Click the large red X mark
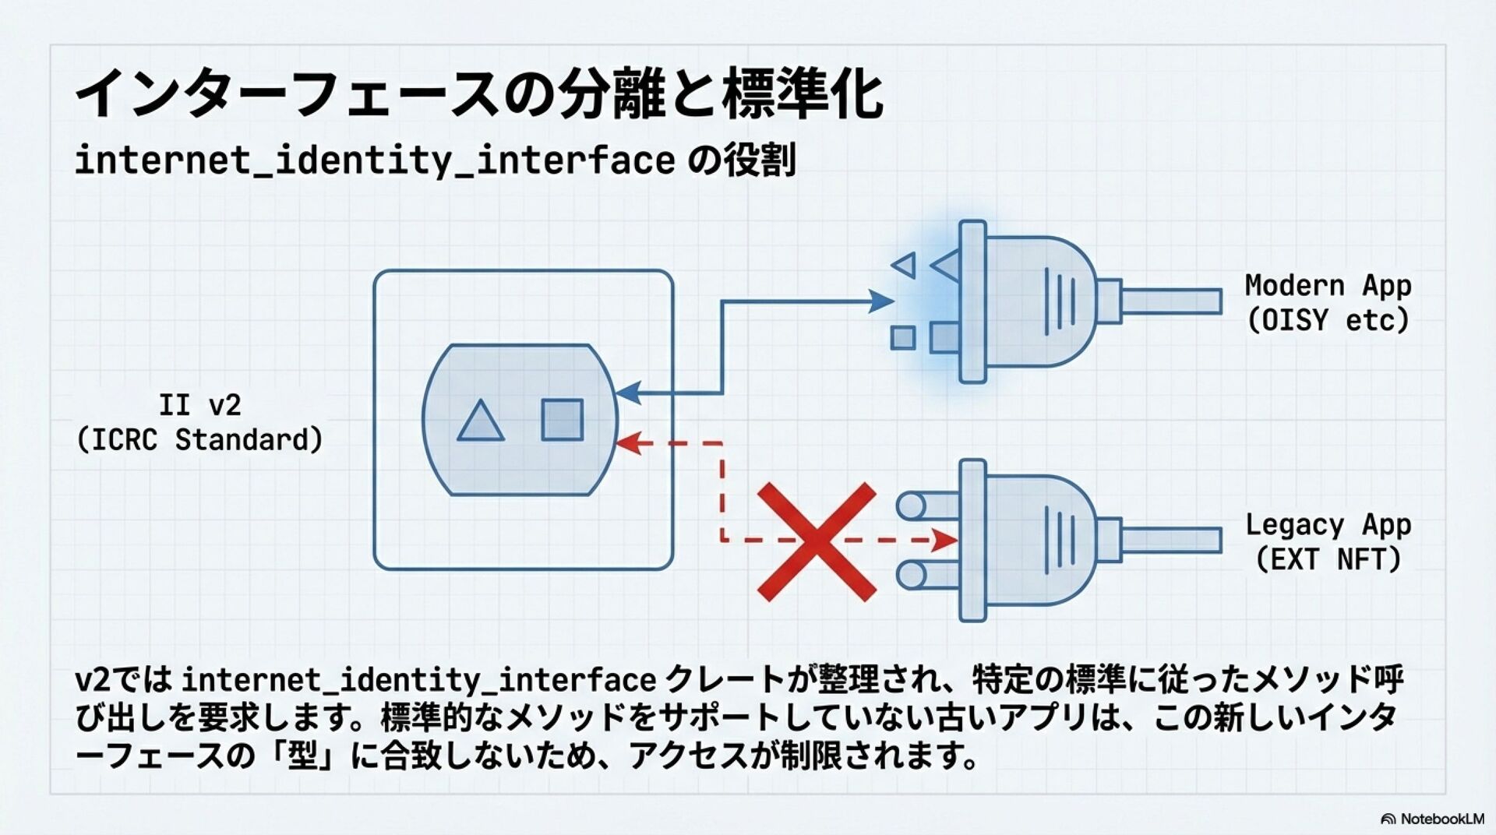(x=817, y=541)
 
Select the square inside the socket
(x=563, y=420)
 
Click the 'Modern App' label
(x=1328, y=286)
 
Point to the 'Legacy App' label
(x=1328, y=525)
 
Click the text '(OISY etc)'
(x=1328, y=320)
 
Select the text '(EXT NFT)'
(x=1328, y=559)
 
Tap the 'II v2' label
(x=199, y=405)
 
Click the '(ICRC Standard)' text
(x=199, y=440)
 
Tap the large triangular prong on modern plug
(x=946, y=266)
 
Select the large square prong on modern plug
(x=945, y=338)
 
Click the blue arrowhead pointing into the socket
(x=628, y=393)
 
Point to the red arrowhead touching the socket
(x=628, y=442)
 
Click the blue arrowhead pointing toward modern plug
(x=881, y=301)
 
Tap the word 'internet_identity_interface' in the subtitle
(x=375, y=160)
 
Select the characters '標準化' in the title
(x=803, y=94)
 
